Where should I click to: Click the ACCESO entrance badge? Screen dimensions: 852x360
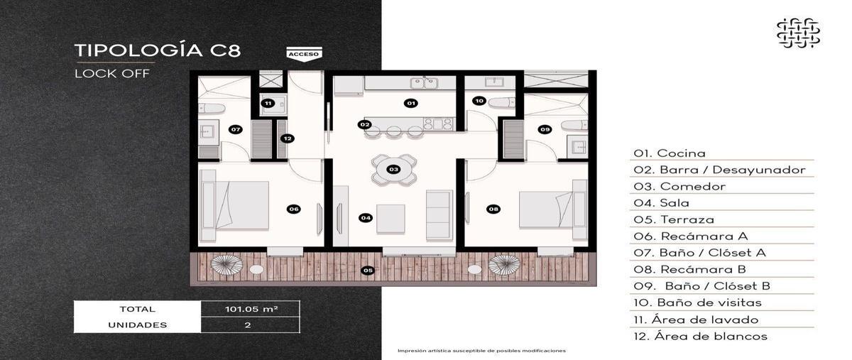point(304,53)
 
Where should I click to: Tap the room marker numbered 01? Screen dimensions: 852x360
point(411,103)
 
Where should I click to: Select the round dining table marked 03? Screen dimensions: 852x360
point(393,169)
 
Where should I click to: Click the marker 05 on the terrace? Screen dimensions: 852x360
point(368,271)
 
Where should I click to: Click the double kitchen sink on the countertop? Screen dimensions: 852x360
point(424,82)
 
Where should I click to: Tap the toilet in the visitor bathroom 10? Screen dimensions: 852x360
point(502,102)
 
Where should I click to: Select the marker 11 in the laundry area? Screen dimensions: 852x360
point(268,103)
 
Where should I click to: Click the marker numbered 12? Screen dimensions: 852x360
point(288,138)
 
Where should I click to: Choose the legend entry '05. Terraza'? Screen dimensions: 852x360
point(674,219)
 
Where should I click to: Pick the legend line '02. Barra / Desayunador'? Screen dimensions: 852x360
point(719,170)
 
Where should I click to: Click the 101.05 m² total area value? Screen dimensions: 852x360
point(251,309)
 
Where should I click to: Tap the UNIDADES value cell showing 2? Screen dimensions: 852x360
point(248,325)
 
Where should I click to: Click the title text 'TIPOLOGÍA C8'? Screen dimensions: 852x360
point(158,50)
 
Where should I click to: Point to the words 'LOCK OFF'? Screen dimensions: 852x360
point(112,73)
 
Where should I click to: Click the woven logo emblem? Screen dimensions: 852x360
point(798,33)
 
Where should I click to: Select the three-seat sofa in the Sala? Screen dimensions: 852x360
point(439,215)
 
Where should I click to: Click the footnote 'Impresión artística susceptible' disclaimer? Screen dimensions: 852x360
point(481,351)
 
